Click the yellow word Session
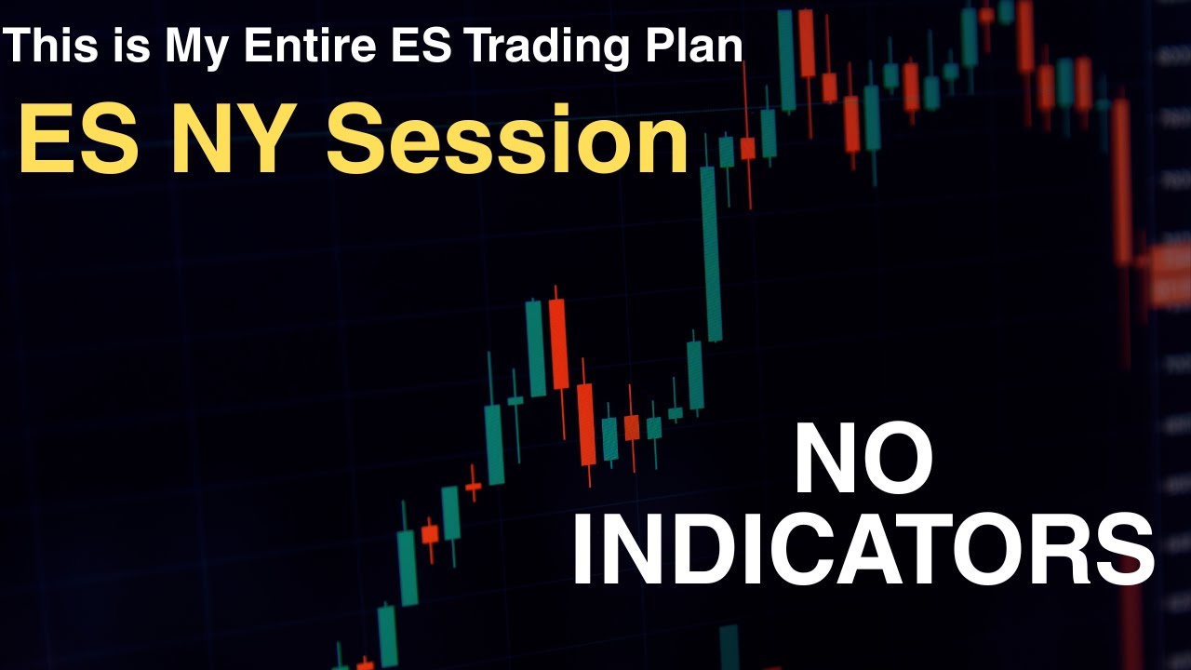(x=506, y=141)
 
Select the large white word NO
(x=863, y=460)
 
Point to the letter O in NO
(x=899, y=460)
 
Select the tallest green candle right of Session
(x=711, y=253)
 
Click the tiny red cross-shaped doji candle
(x=474, y=486)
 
